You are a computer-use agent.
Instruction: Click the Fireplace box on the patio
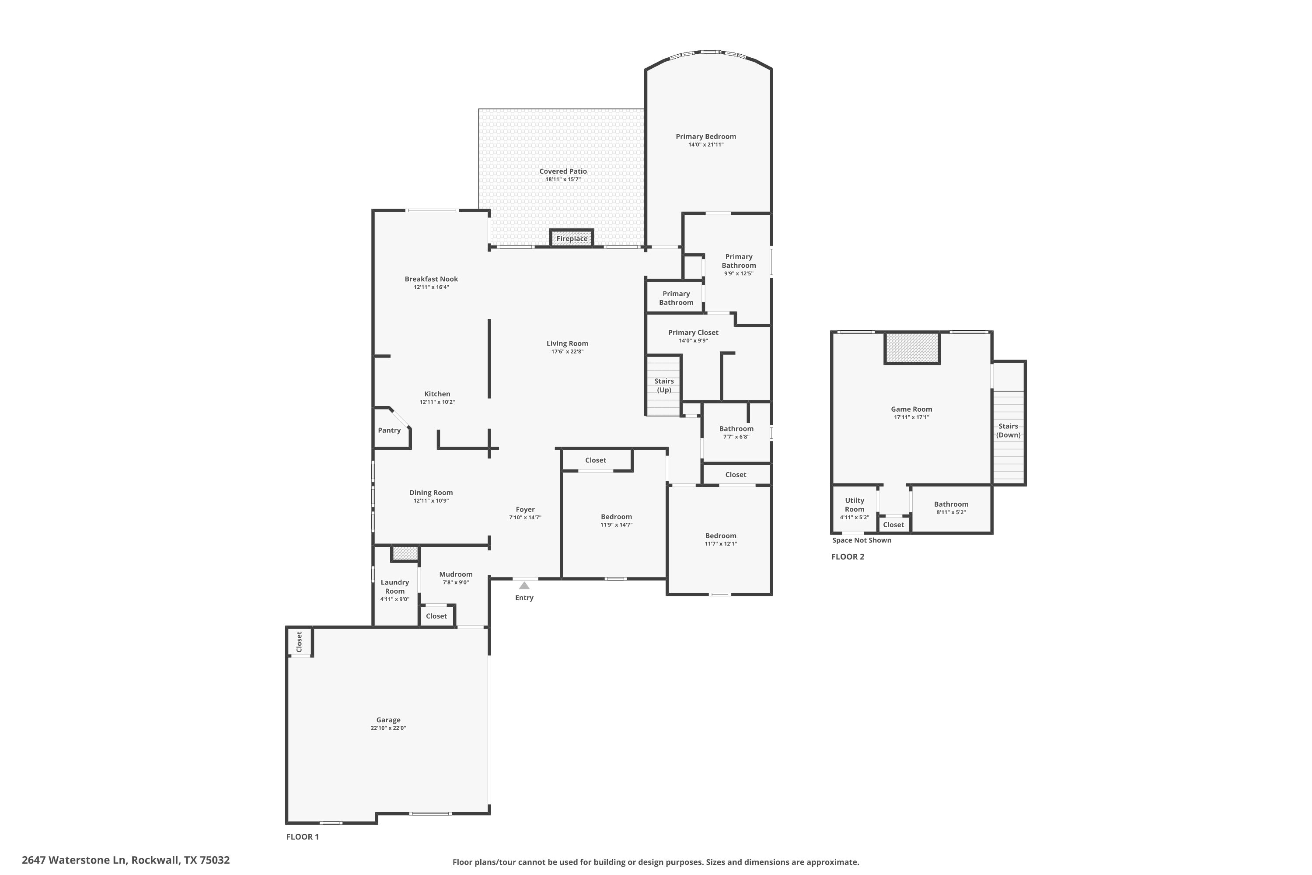click(571, 238)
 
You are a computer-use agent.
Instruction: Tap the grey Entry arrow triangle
click(524, 585)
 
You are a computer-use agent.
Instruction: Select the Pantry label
click(389, 430)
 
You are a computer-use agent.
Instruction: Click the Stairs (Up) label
click(664, 385)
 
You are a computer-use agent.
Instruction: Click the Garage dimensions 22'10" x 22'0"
click(388, 728)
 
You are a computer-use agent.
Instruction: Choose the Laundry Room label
click(394, 587)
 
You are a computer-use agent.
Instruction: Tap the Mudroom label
click(456, 574)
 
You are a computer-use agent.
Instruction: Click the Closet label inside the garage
click(300, 642)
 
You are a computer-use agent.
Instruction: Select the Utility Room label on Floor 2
click(854, 504)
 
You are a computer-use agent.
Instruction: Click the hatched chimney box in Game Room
click(912, 347)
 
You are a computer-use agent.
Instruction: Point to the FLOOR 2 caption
click(848, 556)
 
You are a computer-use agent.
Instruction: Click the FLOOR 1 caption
click(302, 836)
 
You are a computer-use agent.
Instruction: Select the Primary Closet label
click(693, 332)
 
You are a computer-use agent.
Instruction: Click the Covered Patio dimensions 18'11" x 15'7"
click(563, 179)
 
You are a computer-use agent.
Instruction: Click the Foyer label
click(525, 510)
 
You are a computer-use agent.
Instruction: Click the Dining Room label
click(431, 493)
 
